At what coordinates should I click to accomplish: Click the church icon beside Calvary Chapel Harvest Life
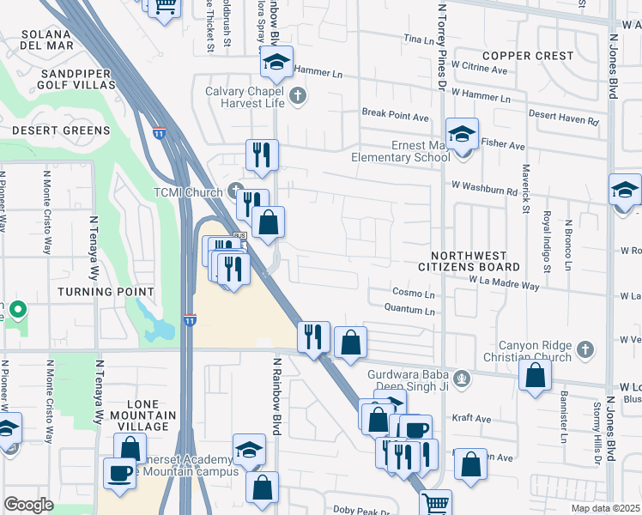[298, 94]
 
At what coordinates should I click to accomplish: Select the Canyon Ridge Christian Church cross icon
[584, 349]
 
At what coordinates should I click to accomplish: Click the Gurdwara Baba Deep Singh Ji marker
[462, 375]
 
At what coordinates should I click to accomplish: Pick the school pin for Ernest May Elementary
[462, 136]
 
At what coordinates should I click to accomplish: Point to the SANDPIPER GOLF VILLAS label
[77, 80]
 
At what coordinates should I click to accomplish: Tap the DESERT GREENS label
[61, 130]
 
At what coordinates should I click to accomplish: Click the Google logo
[28, 505]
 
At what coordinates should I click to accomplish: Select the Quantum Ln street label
[410, 309]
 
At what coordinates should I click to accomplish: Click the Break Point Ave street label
[395, 115]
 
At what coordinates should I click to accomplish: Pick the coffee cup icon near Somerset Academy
[119, 472]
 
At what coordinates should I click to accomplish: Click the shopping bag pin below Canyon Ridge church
[535, 375]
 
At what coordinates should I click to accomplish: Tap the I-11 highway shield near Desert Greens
[159, 132]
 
